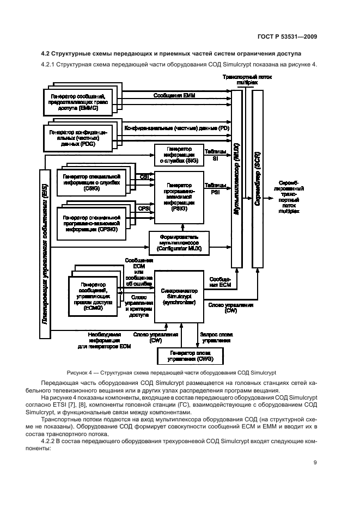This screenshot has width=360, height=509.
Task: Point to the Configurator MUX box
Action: [x=179, y=242]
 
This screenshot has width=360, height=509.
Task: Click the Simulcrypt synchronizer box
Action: [x=179, y=295]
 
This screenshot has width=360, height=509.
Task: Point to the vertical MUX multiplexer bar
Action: [x=236, y=180]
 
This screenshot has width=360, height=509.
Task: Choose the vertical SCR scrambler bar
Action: [x=258, y=180]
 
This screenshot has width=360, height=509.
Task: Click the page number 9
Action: [x=315, y=463]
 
